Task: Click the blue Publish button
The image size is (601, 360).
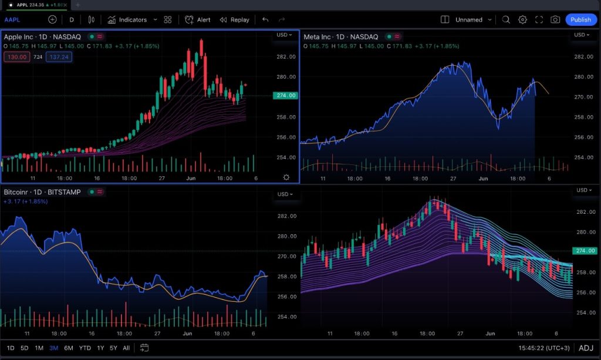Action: click(580, 19)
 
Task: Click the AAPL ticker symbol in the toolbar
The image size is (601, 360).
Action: click(12, 19)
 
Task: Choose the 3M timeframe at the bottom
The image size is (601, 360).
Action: click(54, 348)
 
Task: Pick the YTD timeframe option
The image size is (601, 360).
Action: click(85, 348)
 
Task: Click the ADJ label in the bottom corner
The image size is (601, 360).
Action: click(586, 348)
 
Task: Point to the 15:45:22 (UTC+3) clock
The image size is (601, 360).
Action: click(543, 348)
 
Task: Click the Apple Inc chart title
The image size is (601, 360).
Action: click(42, 37)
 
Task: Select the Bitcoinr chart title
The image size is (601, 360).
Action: click(42, 192)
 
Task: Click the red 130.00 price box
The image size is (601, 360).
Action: click(16, 57)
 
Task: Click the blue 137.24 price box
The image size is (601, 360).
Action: click(59, 57)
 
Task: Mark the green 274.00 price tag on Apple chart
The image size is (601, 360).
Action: click(286, 95)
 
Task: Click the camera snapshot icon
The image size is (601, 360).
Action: click(555, 19)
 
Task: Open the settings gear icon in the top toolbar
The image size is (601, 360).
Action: click(522, 19)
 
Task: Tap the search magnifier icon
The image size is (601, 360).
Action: click(506, 19)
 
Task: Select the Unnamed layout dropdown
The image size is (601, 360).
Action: click(473, 19)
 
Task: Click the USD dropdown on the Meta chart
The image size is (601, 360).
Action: click(582, 35)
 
